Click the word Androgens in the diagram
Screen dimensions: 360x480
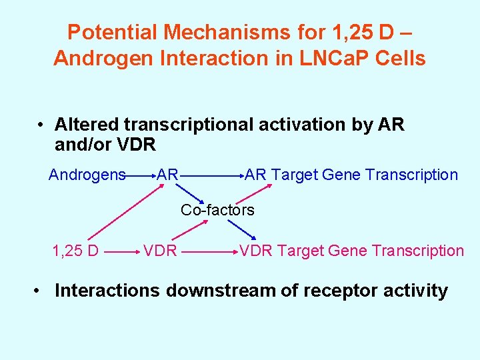point(87,175)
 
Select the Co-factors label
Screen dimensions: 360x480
point(217,211)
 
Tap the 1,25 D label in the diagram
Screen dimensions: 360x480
point(75,251)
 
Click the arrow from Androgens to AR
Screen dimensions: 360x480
point(141,177)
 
